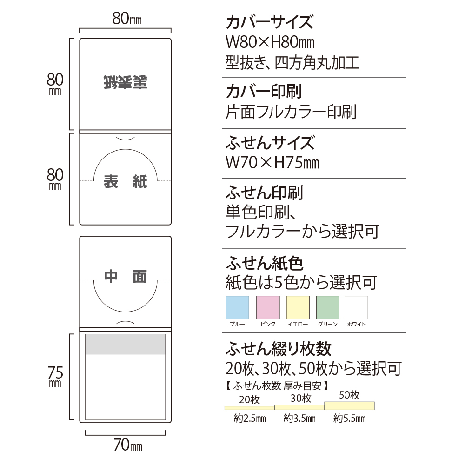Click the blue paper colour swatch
click(x=237, y=307)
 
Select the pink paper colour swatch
click(x=268, y=307)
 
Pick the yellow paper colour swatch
click(x=298, y=307)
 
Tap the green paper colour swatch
click(x=328, y=307)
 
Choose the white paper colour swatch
click(x=356, y=307)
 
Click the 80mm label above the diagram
click(x=126, y=19)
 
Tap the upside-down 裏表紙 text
click(x=125, y=82)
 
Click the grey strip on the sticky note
click(x=126, y=345)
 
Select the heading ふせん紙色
click(x=264, y=264)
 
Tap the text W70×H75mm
click(x=272, y=163)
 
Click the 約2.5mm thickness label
click(x=249, y=418)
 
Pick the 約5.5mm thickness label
click(x=349, y=418)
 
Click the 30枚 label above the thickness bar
click(x=300, y=398)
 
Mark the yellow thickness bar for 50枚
click(x=349, y=405)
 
